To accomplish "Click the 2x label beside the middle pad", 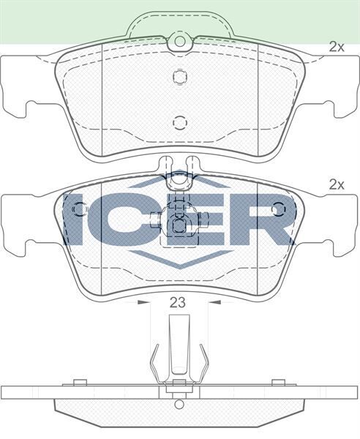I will tap(336, 184).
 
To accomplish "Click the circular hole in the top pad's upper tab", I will tap(178, 43).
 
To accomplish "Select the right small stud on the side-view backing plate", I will tap(277, 382).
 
